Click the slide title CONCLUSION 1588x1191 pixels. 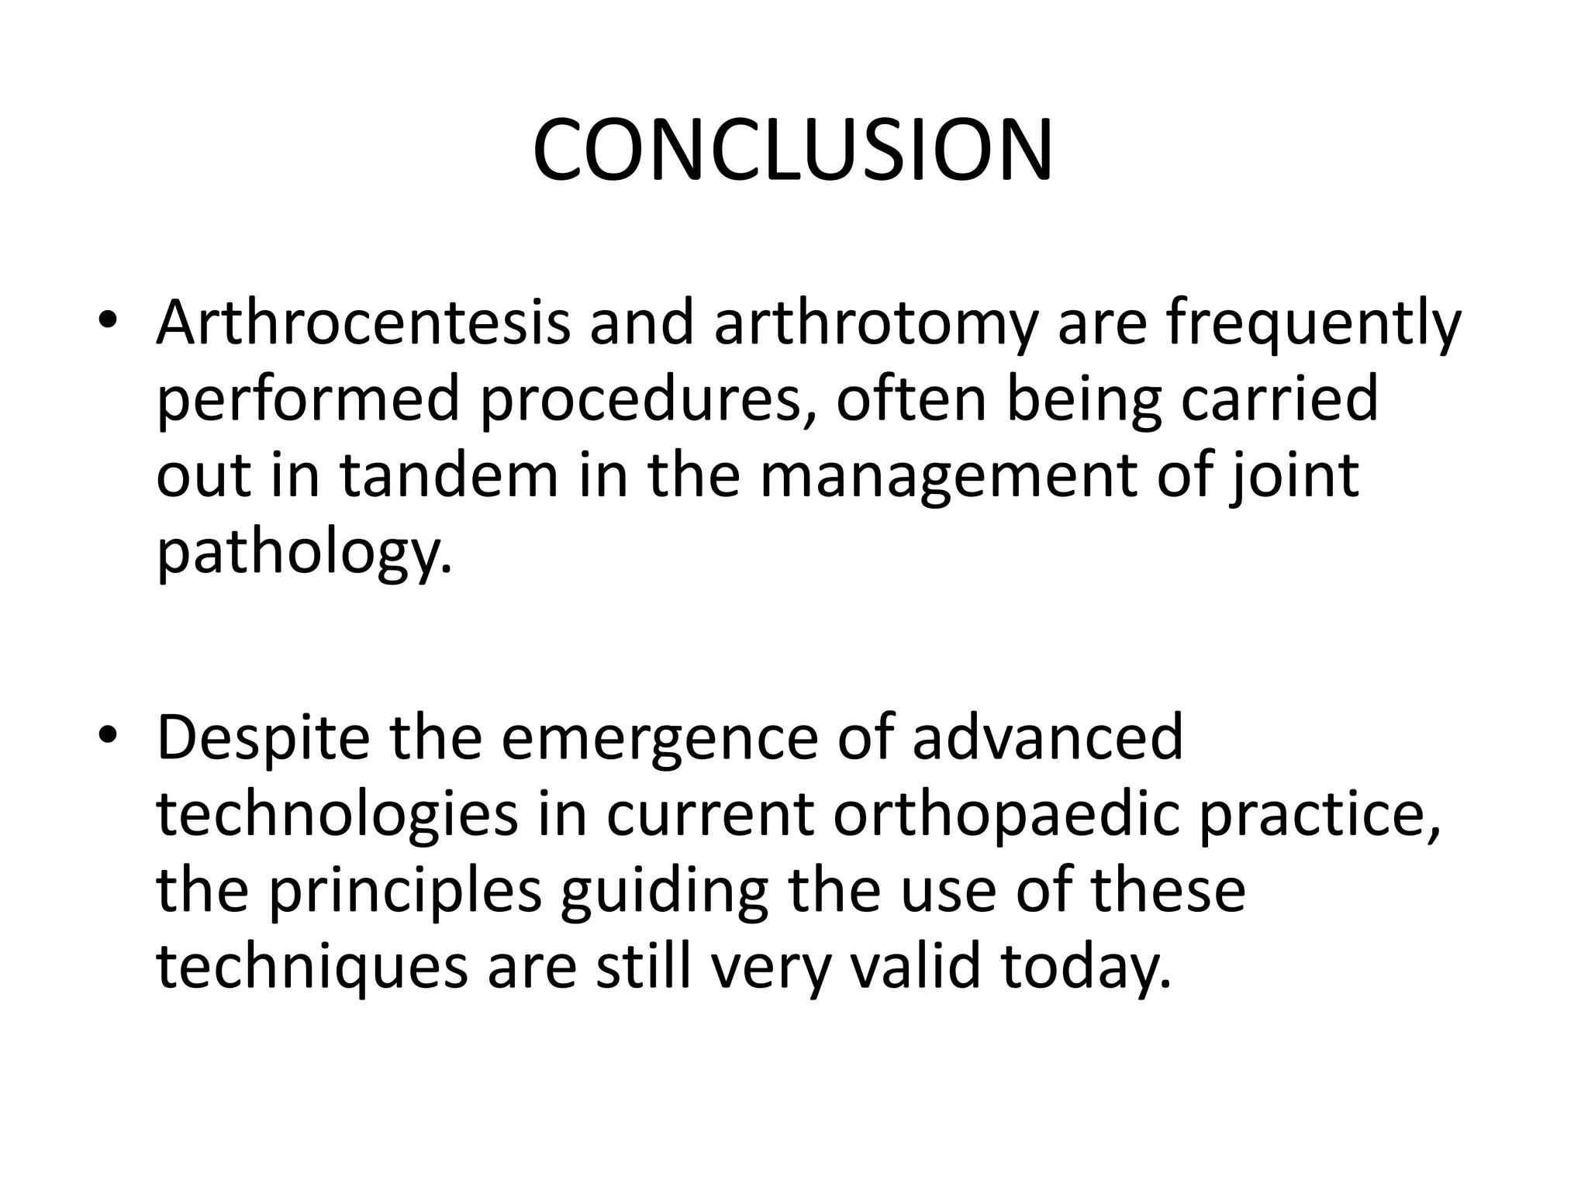[792, 150]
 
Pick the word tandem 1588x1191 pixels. [449, 475]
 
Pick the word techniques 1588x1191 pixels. [312, 968]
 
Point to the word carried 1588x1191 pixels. [1279, 399]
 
